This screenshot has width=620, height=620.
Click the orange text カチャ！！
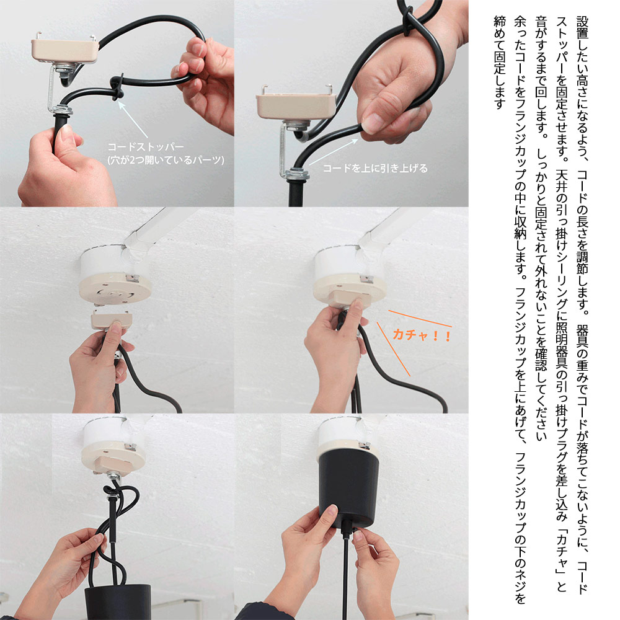pyautogui.click(x=422, y=335)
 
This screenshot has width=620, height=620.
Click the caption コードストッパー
pyautogui.click(x=146, y=147)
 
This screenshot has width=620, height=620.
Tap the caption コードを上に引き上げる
pyautogui.click(x=375, y=169)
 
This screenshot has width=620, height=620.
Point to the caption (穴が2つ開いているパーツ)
pyautogui.click(x=166, y=160)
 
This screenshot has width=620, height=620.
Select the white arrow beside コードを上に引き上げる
pyautogui.click(x=334, y=151)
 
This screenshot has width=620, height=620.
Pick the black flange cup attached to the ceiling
pyautogui.click(x=348, y=489)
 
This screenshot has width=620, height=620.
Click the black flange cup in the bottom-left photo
pyautogui.click(x=117, y=601)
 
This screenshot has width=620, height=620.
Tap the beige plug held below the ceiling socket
pyautogui.click(x=112, y=319)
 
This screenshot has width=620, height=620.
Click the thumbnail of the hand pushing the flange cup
pyautogui.click(x=351, y=516)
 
